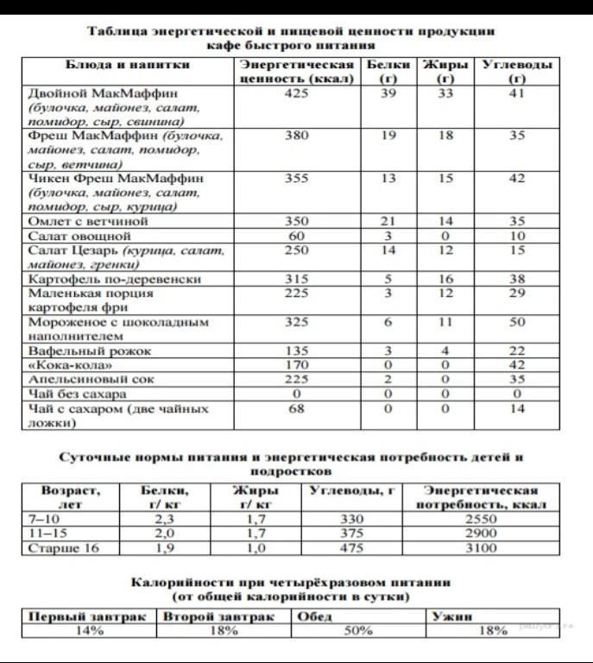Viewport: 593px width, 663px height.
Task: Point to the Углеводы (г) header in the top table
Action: click(x=517, y=72)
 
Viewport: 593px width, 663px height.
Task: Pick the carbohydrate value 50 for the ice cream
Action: click(x=517, y=322)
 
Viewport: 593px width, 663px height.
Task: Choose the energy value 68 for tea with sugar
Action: click(x=296, y=407)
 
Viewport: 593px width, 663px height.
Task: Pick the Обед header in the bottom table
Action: click(x=315, y=616)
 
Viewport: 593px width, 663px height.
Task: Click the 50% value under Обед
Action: click(x=357, y=631)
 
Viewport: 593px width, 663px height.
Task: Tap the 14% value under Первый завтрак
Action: click(x=88, y=631)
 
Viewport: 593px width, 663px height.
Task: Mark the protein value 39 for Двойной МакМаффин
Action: click(x=388, y=93)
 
